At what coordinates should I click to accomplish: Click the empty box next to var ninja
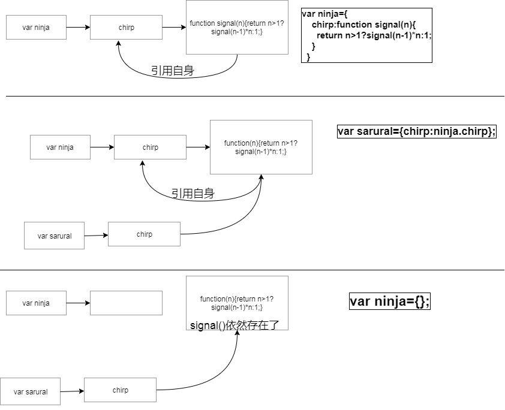(126, 303)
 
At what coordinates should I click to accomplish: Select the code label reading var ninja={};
(390, 302)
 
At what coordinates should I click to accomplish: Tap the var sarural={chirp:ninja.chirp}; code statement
(417, 131)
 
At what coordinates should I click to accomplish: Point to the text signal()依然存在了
(235, 325)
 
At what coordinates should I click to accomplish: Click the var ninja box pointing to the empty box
(36, 303)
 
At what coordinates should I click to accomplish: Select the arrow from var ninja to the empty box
(78, 303)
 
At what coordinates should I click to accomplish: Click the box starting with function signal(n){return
(237, 28)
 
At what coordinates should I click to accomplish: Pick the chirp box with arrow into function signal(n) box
(126, 28)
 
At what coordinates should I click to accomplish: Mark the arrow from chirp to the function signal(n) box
(175, 28)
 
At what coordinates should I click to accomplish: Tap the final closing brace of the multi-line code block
(308, 57)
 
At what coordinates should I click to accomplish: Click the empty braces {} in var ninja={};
(420, 302)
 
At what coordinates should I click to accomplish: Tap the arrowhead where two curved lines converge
(261, 176)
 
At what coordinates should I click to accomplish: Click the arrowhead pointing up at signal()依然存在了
(238, 333)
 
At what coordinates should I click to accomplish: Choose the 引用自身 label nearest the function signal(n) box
(173, 71)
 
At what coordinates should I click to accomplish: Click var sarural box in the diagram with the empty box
(30, 391)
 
